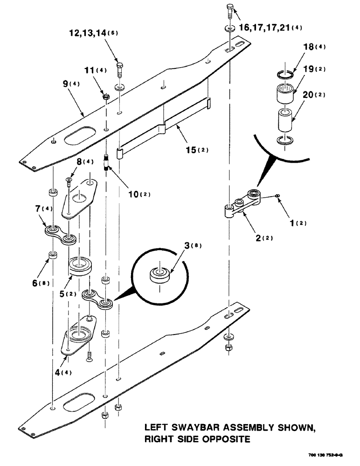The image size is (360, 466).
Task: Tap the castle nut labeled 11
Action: (x=106, y=96)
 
